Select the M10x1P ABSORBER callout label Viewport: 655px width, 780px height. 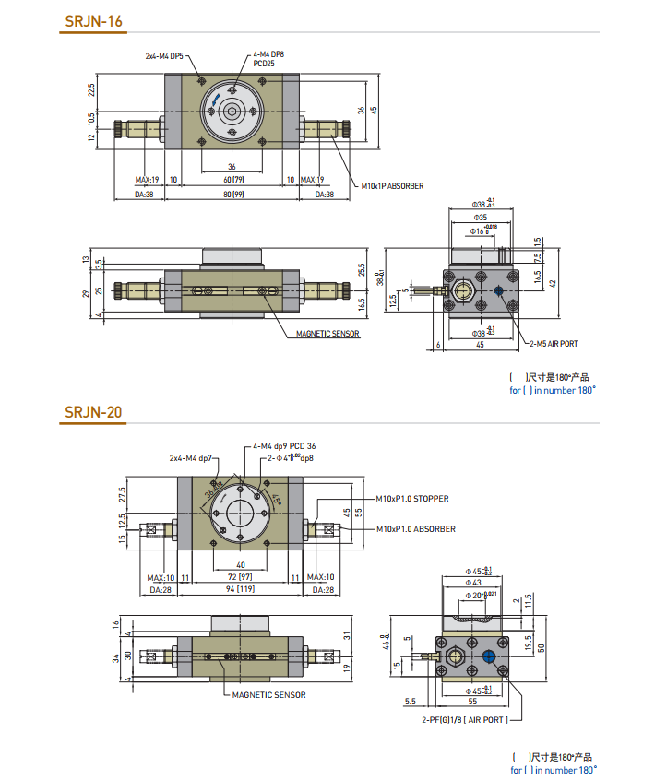[x=392, y=186]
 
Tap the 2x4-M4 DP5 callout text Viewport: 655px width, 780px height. [x=165, y=55]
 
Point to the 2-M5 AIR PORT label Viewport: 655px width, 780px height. [x=554, y=343]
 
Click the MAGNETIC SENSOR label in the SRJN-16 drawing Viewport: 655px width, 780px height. [x=327, y=334]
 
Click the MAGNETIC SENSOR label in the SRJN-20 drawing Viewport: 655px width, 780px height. [x=268, y=695]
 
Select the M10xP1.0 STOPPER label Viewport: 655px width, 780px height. [x=412, y=499]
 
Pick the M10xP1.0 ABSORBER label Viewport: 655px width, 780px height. [x=415, y=529]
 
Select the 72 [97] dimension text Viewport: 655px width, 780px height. [x=239, y=576]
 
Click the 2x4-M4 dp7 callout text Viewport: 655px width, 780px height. [x=191, y=458]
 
